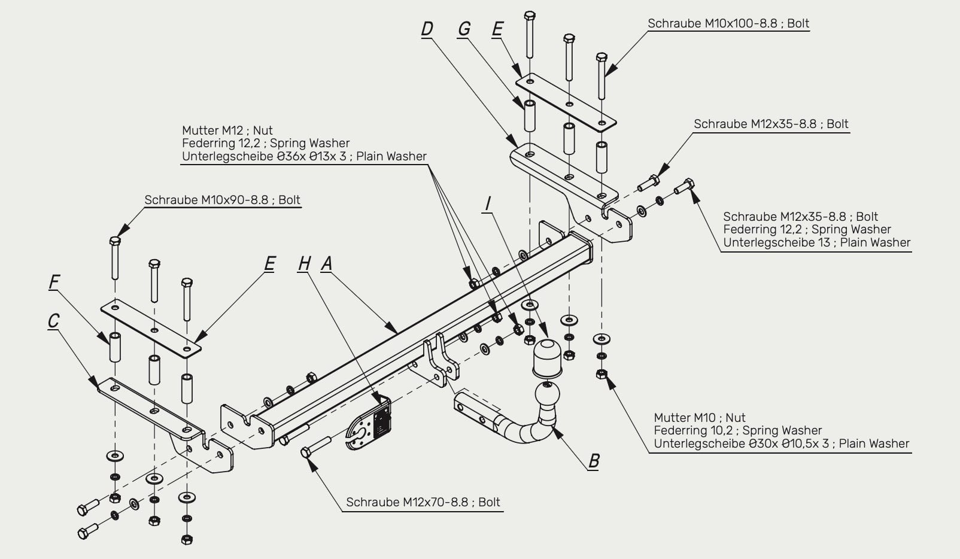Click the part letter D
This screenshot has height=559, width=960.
pyautogui.click(x=427, y=29)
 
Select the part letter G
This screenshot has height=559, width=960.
pyautogui.click(x=464, y=29)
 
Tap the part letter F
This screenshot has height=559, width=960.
pyautogui.click(x=54, y=282)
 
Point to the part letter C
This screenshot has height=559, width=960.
pyautogui.click(x=54, y=321)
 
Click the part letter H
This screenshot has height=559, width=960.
pyautogui.click(x=304, y=263)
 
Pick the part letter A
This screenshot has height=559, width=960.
pyautogui.click(x=327, y=263)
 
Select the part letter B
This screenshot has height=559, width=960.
pyautogui.click(x=594, y=461)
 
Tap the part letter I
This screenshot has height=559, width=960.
pyautogui.click(x=487, y=203)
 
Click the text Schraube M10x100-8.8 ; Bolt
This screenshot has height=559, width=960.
pyautogui.click(x=728, y=23)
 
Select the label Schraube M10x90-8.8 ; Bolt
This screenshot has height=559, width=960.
pyautogui.click(x=222, y=200)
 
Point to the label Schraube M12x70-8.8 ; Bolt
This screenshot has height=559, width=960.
pyautogui.click(x=423, y=502)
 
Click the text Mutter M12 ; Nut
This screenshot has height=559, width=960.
pyautogui.click(x=227, y=130)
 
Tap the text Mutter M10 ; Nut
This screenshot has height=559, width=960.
pyautogui.click(x=700, y=418)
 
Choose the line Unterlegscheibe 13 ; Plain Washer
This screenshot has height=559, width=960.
pyautogui.click(x=817, y=242)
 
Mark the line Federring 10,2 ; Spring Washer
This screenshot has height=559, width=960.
pyautogui.click(x=738, y=430)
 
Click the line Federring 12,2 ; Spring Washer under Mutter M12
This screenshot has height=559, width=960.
pyautogui.click(x=266, y=143)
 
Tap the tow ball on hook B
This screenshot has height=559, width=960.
pyautogui.click(x=547, y=394)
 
